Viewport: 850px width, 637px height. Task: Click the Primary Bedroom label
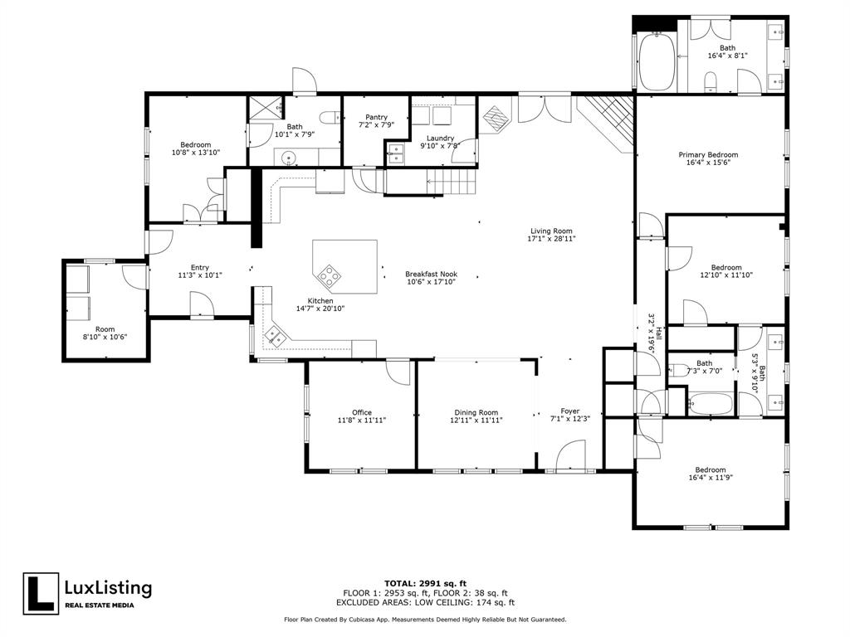point(708,155)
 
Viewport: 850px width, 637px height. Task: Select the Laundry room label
point(440,138)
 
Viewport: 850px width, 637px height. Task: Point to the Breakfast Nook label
point(431,274)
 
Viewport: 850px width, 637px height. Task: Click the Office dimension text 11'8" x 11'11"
point(361,421)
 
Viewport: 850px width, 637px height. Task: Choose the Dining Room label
point(476,412)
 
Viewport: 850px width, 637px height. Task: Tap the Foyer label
point(569,411)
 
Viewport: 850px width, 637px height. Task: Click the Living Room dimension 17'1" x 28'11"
point(552,239)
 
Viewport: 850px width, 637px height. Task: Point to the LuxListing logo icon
point(41,594)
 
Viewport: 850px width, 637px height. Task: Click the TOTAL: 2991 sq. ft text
point(425,583)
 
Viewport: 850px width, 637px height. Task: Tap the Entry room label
point(199,267)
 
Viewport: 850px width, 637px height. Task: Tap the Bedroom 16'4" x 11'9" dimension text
point(711,478)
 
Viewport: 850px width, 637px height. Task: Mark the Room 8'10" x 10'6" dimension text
point(105,337)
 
